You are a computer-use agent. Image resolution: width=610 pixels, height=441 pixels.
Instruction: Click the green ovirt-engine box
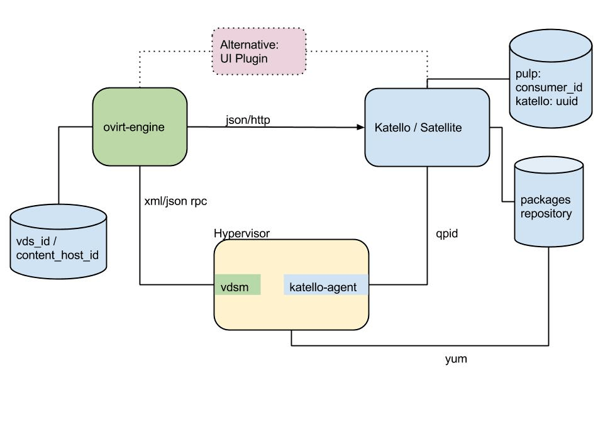pyautogui.click(x=140, y=128)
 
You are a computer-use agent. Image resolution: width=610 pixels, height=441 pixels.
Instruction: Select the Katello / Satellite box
pyautogui.click(x=427, y=128)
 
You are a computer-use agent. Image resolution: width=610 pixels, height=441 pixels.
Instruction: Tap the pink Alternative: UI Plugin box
pyautogui.click(x=259, y=51)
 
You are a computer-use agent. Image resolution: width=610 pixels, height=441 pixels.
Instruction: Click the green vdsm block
pyautogui.click(x=237, y=287)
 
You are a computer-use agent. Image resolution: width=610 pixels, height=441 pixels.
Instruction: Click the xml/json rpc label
pyautogui.click(x=175, y=201)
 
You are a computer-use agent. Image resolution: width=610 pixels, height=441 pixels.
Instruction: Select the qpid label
pyautogui.click(x=447, y=233)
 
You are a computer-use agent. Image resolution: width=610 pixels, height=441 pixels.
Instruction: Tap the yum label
pyautogui.click(x=456, y=360)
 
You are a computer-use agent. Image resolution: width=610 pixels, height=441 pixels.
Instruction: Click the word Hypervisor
pyautogui.click(x=242, y=233)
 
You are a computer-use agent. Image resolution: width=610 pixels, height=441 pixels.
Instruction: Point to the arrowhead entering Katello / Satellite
pyautogui.click(x=360, y=128)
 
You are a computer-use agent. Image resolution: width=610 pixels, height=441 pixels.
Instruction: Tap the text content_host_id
pyautogui.click(x=57, y=255)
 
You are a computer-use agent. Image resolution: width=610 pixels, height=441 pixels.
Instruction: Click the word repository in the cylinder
pyautogui.click(x=546, y=214)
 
